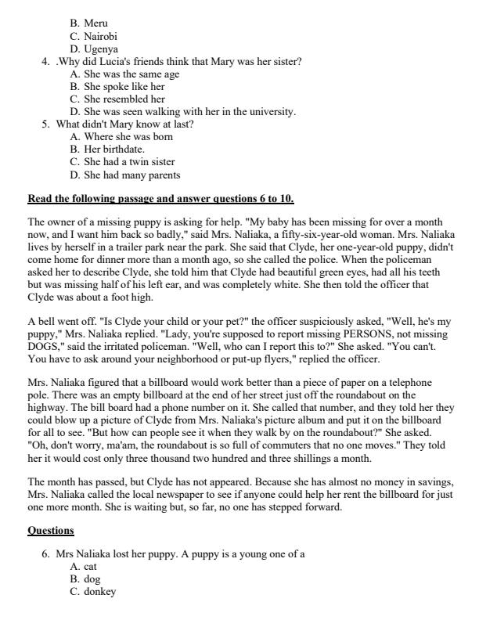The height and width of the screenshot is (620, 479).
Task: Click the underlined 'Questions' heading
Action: click(51, 530)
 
